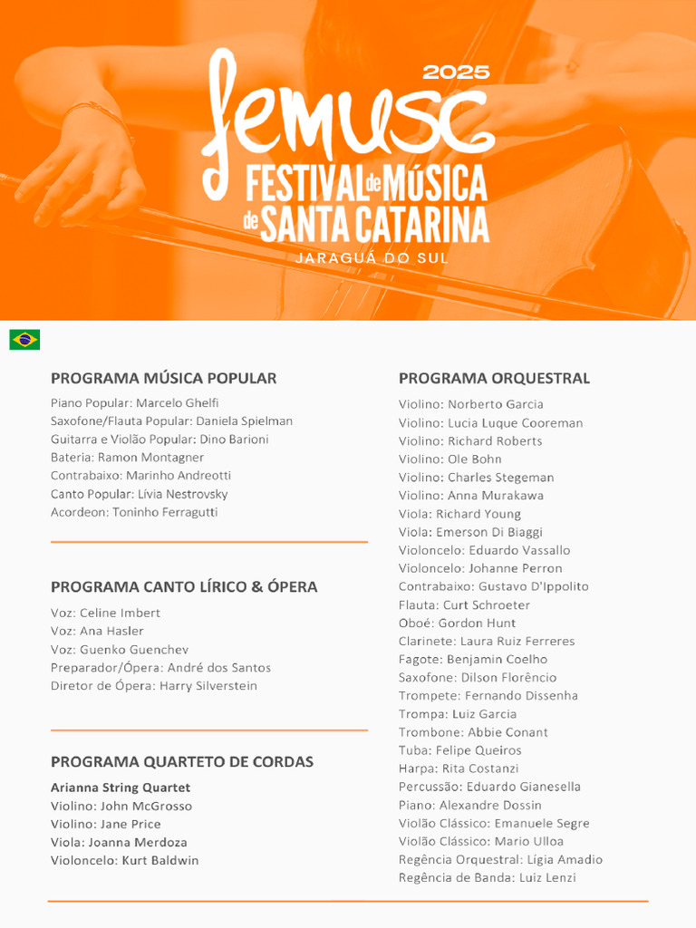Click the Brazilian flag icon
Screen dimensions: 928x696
(24, 340)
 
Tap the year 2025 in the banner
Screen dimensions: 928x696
(456, 72)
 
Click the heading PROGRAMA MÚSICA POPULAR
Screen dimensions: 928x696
(163, 378)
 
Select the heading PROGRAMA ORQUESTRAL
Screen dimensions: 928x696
(494, 378)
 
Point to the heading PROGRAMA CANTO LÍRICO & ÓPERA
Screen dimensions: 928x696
(184, 586)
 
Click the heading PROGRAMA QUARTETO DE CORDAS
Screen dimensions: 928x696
(182, 761)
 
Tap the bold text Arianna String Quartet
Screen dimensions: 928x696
(121, 788)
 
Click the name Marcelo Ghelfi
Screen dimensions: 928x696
(178, 402)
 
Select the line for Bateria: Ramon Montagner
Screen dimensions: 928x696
(127, 457)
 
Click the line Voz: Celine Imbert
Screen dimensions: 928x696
(105, 613)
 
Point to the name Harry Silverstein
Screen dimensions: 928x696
(208, 685)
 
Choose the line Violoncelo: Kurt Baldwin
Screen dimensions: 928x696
(124, 860)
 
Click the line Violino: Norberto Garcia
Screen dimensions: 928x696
(471, 404)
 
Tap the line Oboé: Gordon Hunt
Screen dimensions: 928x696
(457, 623)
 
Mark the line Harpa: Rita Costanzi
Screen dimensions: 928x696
(459, 768)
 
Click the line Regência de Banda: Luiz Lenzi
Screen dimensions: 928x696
(487, 877)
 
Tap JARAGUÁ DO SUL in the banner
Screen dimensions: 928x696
(372, 258)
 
